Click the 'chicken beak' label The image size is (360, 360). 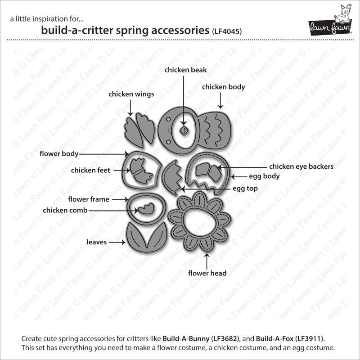tap(185, 70)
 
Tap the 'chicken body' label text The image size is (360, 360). tap(223, 87)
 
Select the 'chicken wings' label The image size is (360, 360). tap(131, 94)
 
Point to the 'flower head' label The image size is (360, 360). tap(207, 273)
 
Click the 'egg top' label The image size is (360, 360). tap(245, 189)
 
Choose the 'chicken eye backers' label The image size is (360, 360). tap(301, 166)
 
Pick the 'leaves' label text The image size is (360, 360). tap(97, 242)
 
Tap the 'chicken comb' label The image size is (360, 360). tap(65, 210)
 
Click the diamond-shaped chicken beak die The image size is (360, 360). tap(184, 131)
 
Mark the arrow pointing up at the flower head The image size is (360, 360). tap(207, 261)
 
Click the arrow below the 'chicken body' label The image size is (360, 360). tap(220, 100)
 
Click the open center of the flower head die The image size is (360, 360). tap(199, 223)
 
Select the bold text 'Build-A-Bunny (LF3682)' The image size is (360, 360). tap(201, 339)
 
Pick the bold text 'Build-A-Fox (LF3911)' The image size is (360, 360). tap(290, 339)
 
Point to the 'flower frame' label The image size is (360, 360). tap(89, 199)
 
